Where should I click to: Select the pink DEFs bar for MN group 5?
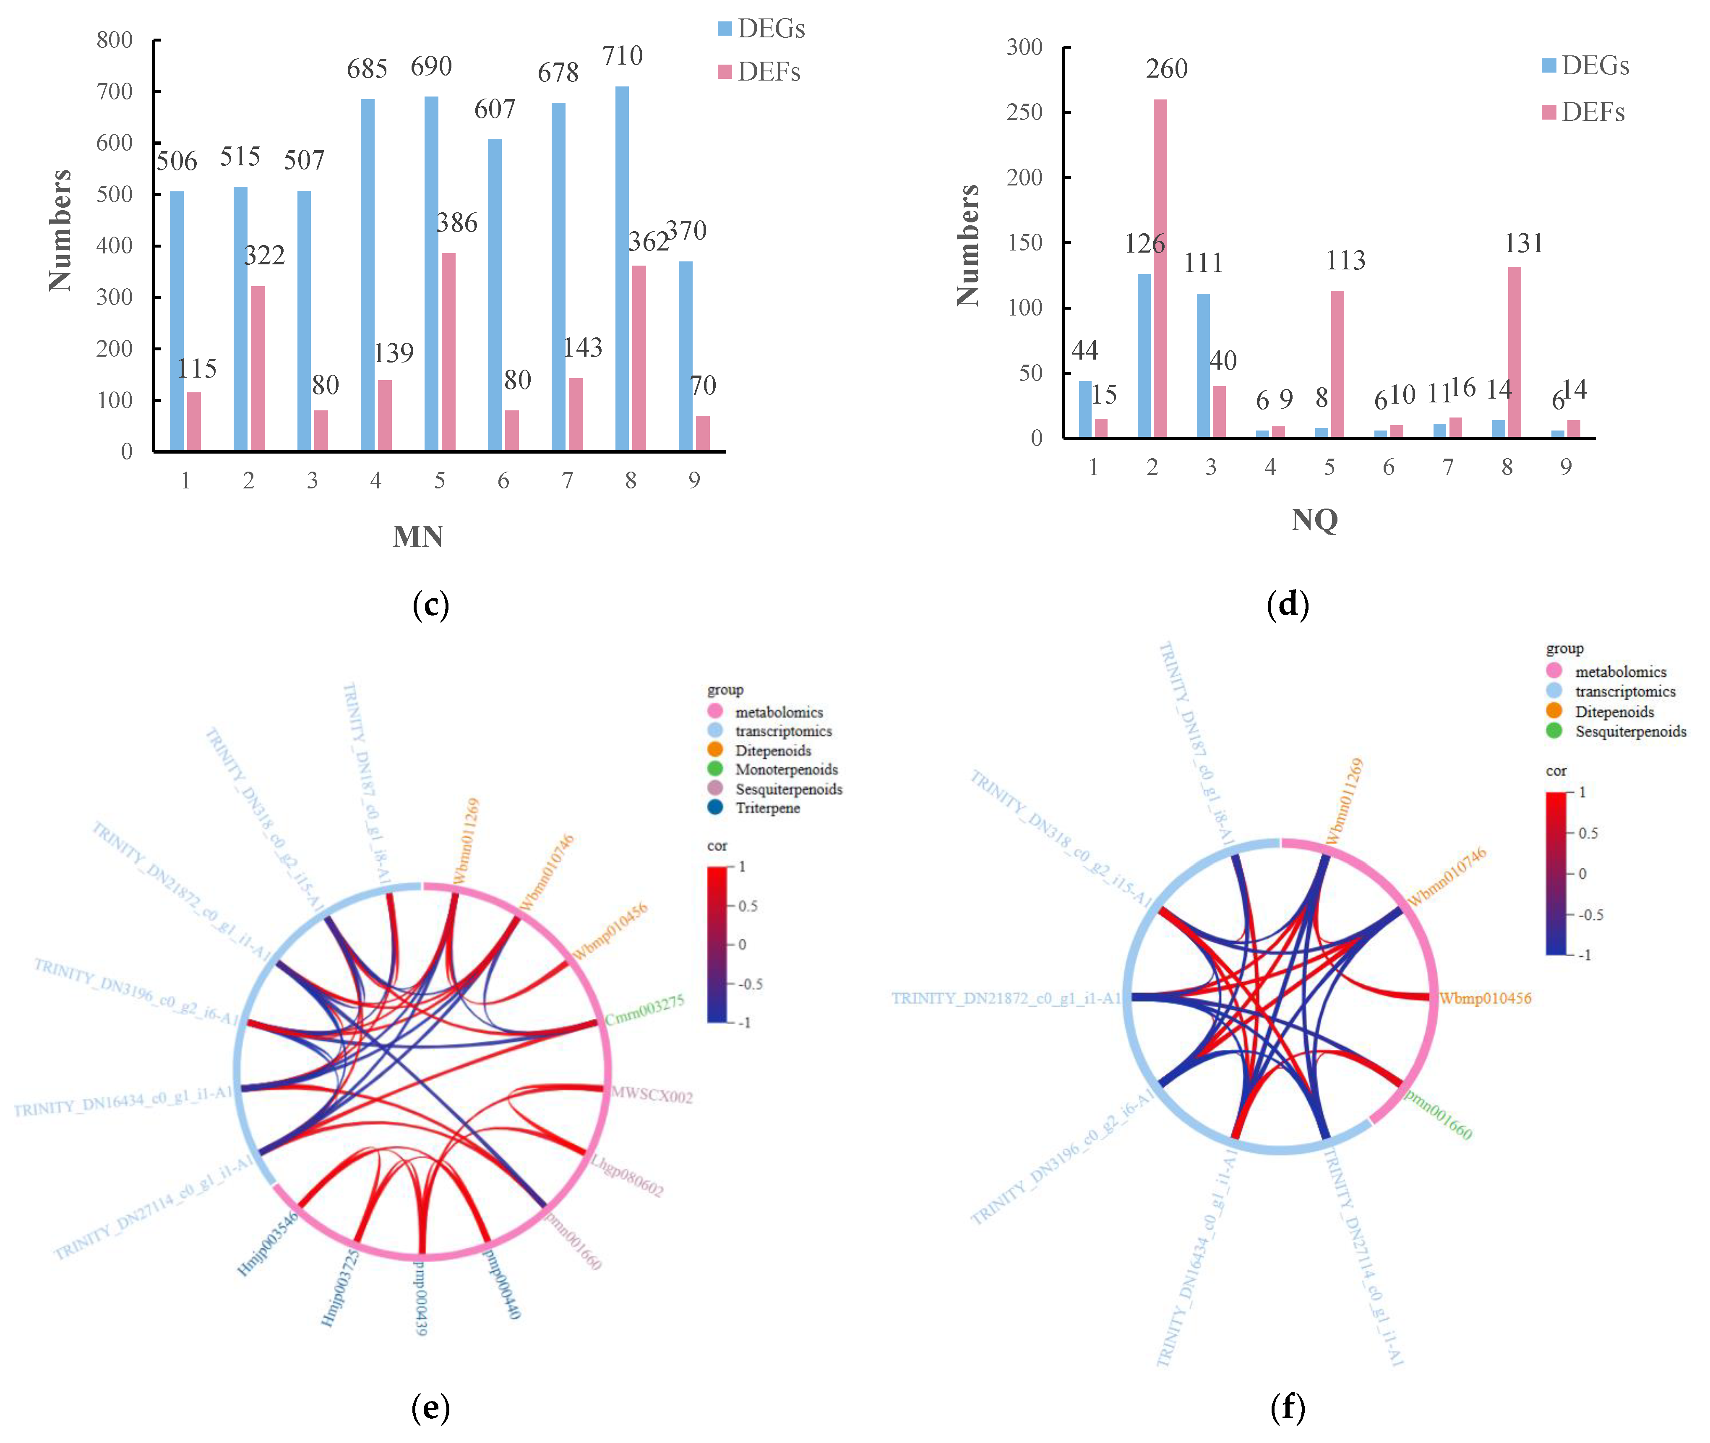pyautogui.click(x=448, y=352)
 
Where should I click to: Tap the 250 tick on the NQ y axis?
pyautogui.click(x=1024, y=112)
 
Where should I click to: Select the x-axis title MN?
pyautogui.click(x=418, y=537)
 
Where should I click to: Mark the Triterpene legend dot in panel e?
pyautogui.click(x=716, y=807)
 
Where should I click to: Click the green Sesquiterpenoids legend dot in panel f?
pyautogui.click(x=1554, y=731)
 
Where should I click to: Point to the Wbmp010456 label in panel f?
pyautogui.click(x=1485, y=998)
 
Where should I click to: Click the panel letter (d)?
pyautogui.click(x=1287, y=605)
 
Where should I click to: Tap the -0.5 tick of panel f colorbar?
pyautogui.click(x=1590, y=915)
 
